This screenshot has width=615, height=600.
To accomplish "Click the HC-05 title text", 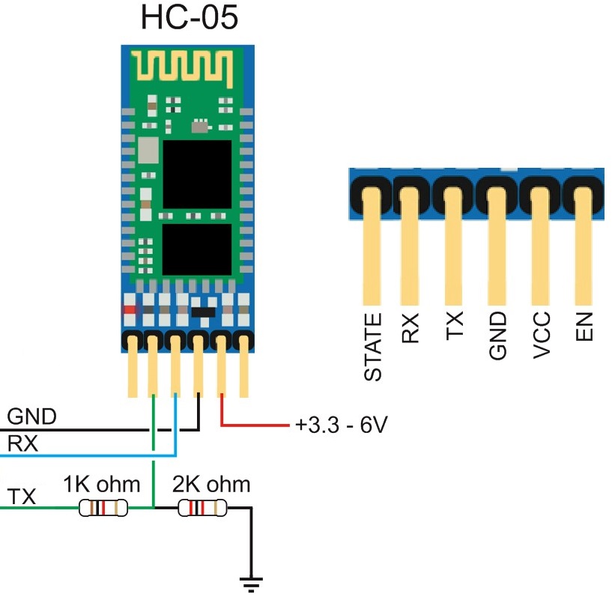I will pyautogui.click(x=189, y=18).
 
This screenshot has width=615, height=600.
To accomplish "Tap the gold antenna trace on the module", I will pyautogui.click(x=184, y=67).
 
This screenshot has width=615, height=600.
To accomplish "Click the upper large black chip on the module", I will pyautogui.click(x=197, y=174).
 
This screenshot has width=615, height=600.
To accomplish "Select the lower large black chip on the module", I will pyautogui.click(x=197, y=249).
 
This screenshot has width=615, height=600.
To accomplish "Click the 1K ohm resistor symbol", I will pyautogui.click(x=103, y=509).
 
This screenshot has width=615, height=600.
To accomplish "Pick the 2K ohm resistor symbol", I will pyautogui.click(x=202, y=509).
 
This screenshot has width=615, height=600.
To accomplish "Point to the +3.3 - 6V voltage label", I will pyautogui.click(x=341, y=426).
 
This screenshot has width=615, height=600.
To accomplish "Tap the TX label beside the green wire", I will pyautogui.click(x=22, y=497).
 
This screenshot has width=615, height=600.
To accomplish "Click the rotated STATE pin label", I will pyautogui.click(x=372, y=347).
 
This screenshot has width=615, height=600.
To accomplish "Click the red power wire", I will pyautogui.click(x=255, y=426).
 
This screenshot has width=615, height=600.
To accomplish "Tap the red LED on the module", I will pyautogui.click(x=130, y=309).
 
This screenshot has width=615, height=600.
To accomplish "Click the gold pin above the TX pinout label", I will pyautogui.click(x=454, y=247).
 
